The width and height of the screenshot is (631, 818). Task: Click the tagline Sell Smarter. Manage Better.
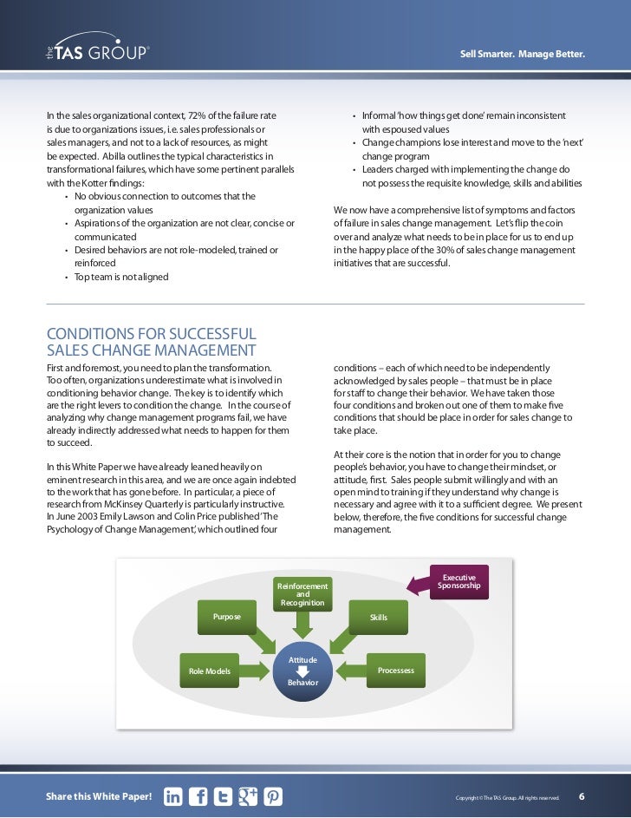point(523,56)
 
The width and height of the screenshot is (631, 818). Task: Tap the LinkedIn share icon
point(172,796)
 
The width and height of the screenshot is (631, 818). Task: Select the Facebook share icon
point(198,796)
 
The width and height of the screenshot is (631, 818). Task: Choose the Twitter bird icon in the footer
point(223,796)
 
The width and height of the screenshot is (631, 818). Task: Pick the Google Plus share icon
point(248,796)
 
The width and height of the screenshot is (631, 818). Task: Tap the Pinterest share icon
point(273,796)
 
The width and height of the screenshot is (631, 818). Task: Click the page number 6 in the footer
point(582,796)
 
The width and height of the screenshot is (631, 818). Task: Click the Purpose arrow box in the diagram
point(228,617)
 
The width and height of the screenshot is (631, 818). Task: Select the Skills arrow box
point(378,618)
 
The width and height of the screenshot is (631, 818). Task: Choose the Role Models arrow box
point(211,671)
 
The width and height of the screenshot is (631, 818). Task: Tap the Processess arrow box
point(394,670)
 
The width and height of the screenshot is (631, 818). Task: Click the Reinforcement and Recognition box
point(302,594)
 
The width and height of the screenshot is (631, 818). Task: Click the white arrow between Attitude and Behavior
point(302,671)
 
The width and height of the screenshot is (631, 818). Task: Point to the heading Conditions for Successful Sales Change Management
point(152,342)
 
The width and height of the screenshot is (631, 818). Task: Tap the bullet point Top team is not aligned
point(121,278)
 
